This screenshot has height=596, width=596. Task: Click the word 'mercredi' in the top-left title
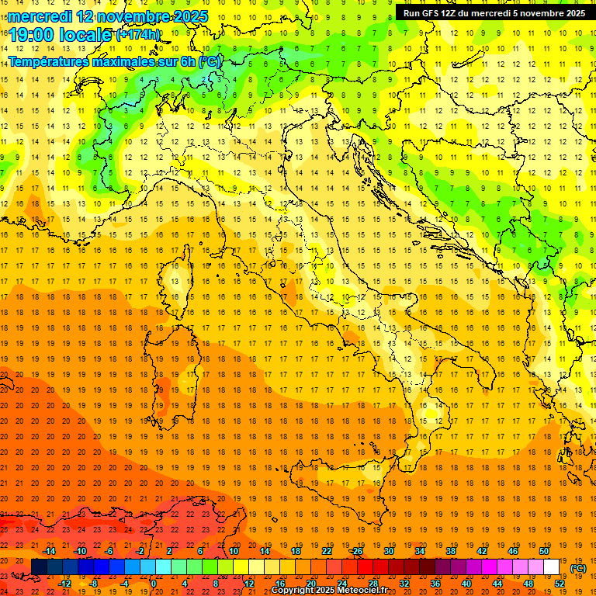pyautogui.click(x=39, y=16)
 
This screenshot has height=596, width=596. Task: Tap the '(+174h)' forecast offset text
pyautogui.click(x=138, y=35)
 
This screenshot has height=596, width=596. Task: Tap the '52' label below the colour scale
pyautogui.click(x=560, y=583)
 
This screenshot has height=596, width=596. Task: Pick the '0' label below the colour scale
pyautogui.click(x=154, y=583)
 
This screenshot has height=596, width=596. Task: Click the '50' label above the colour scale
pyautogui.click(x=544, y=551)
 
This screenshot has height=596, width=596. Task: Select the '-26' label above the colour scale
pyautogui.click(x=356, y=551)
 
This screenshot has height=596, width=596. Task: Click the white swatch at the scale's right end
pyautogui.click(x=552, y=567)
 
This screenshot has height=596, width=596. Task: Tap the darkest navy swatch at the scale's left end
pyautogui.click(x=39, y=567)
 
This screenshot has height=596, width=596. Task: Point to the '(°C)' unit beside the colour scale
pyautogui.click(x=578, y=567)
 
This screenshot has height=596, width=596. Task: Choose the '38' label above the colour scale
pyautogui.click(x=450, y=551)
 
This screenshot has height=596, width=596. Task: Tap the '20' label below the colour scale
pyautogui.click(x=310, y=583)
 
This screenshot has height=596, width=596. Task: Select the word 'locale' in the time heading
pyautogui.click(x=86, y=35)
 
